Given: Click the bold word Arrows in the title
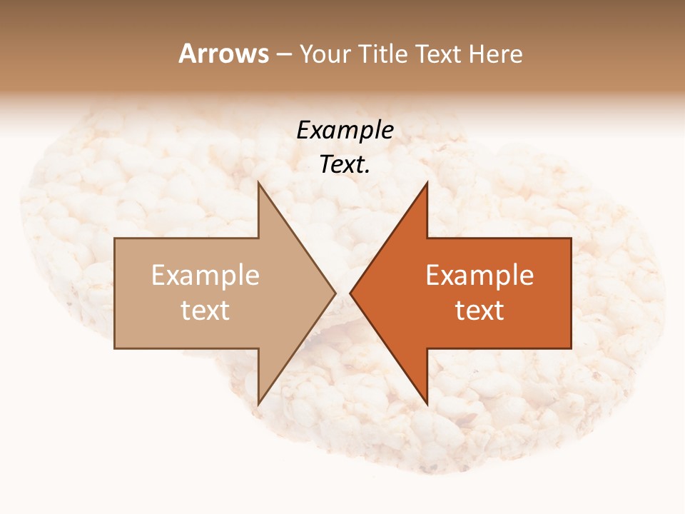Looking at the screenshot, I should pos(223,54).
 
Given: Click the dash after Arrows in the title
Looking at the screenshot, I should pos(284,55).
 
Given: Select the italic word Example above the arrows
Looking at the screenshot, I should pos(345,131).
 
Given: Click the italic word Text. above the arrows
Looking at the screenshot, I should pos(345,164).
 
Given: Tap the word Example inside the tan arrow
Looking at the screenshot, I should pos(205,276).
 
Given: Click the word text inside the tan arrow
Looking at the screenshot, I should pos(205,311).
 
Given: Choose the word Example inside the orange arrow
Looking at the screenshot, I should pos(479,276).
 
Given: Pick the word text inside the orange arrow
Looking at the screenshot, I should pos(479,311).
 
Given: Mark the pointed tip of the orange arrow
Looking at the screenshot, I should pos(350,293).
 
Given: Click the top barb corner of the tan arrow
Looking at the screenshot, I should pos(258,183).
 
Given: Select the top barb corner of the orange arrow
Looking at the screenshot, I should pos(427,183).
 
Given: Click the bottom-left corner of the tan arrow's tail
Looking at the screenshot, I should pos(115,348).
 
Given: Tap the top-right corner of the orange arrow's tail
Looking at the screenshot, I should pos(571,238).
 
